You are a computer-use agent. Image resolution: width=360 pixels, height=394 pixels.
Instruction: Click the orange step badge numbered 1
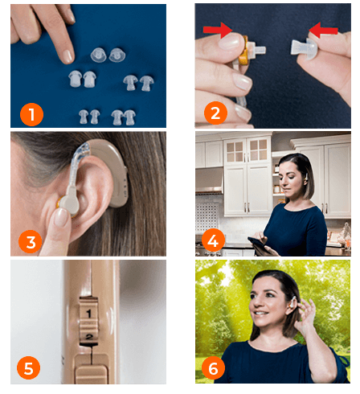click(x=31, y=114)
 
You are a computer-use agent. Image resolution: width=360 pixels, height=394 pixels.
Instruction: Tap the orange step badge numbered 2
click(x=215, y=113)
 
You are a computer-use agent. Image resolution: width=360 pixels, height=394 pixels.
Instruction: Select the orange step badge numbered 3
click(x=31, y=242)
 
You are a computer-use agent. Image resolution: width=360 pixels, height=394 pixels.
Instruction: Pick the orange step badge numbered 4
click(x=213, y=240)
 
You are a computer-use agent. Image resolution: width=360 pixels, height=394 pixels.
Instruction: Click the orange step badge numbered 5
click(x=28, y=367)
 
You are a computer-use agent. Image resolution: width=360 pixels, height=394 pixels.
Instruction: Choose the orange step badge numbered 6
click(x=213, y=367)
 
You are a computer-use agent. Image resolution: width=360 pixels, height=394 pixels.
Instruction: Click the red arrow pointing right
click(x=218, y=30)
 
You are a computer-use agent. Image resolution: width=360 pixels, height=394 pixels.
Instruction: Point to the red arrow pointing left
click(x=324, y=30)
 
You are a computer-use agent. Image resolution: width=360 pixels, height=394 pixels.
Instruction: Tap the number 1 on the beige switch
click(x=88, y=314)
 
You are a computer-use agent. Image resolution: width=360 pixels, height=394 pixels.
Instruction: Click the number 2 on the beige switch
click(x=89, y=337)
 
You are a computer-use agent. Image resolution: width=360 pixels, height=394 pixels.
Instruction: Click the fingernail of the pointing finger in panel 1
click(x=67, y=56)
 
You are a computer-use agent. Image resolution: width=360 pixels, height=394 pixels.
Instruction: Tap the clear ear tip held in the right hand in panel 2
click(x=305, y=47)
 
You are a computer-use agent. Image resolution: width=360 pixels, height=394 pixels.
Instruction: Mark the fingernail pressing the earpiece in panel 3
click(x=61, y=217)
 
